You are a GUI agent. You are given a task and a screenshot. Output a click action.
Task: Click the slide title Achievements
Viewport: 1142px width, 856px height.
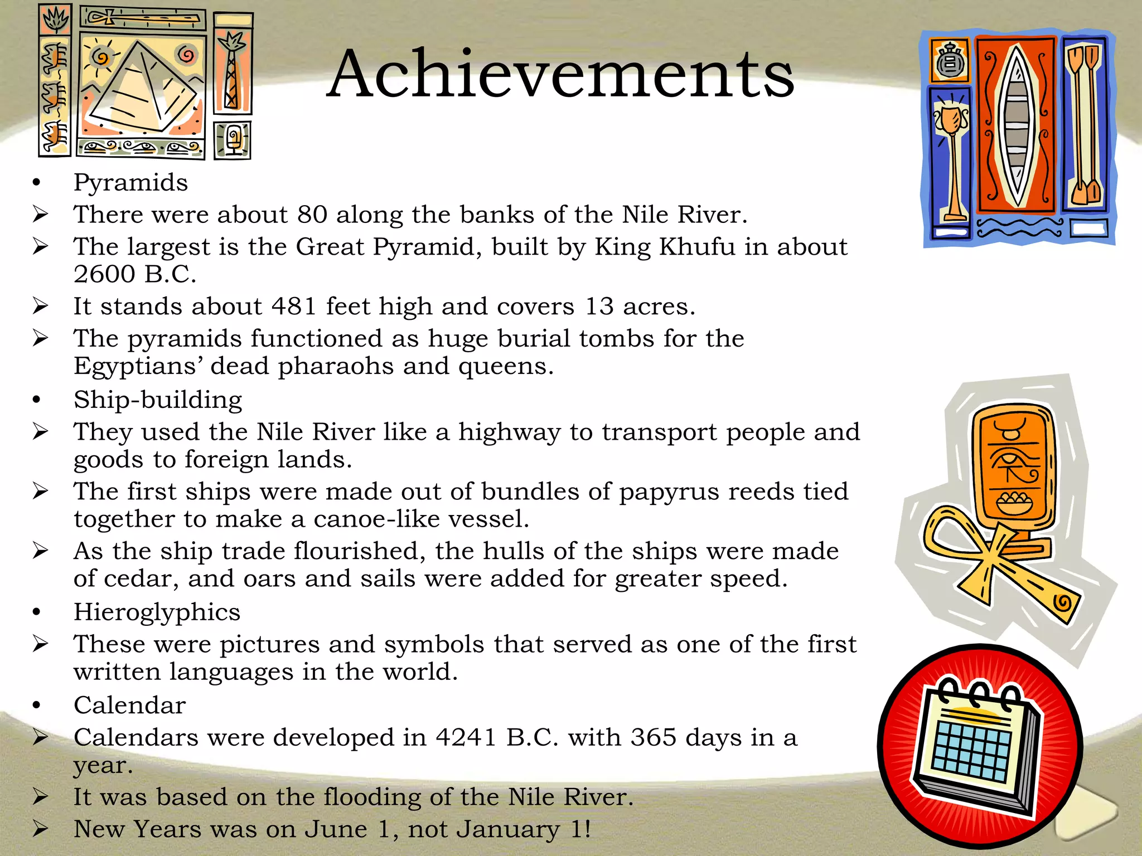560,74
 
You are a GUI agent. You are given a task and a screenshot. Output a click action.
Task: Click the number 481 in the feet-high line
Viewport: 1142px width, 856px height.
294,306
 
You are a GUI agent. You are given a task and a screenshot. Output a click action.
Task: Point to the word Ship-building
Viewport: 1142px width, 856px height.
158,400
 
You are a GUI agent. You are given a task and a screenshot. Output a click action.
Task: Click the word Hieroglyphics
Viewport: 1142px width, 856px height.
157,612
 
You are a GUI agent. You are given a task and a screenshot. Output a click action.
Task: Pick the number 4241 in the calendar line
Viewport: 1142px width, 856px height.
466,737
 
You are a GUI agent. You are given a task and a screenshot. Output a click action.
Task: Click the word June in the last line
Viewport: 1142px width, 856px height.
336,829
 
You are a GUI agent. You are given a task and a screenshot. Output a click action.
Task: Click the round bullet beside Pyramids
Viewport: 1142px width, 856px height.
37,183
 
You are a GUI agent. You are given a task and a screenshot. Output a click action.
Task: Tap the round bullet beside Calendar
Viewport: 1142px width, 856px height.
37,706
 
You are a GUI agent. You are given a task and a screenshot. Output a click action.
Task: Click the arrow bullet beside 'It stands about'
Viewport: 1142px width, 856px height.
40,306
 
